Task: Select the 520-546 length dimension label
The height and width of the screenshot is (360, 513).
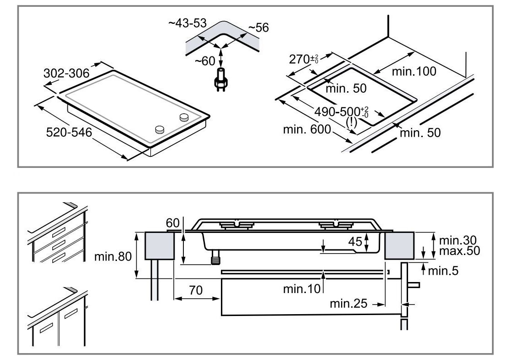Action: pos(69,132)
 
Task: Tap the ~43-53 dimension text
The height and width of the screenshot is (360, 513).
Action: pos(188,23)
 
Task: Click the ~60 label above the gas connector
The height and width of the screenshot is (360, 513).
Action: pos(204,61)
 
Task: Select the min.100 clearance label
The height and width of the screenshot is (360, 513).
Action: pos(414,71)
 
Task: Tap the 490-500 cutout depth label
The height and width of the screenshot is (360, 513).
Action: pos(342,111)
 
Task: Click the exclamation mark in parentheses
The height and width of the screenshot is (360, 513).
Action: pos(351,122)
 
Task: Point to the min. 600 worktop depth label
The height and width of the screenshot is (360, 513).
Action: pos(307,130)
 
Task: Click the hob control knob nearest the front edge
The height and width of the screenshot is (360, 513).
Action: pos(160,130)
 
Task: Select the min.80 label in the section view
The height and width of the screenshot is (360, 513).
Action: pos(113,256)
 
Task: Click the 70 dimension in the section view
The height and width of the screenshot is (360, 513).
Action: pos(195,290)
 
